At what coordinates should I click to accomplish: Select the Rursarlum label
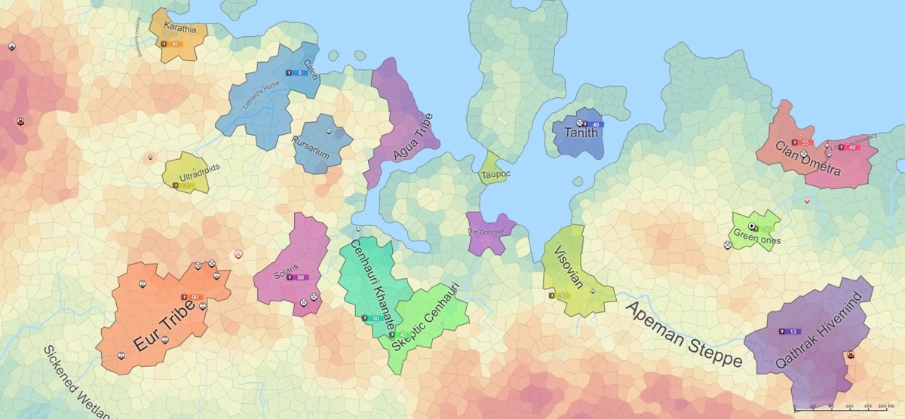(311, 148)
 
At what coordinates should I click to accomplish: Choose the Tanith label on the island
(580, 133)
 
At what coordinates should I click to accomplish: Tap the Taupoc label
(495, 175)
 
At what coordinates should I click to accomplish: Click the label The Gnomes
(485, 232)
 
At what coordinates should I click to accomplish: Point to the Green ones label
(756, 240)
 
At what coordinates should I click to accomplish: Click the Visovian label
(569, 268)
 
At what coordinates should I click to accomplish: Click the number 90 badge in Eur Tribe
(195, 298)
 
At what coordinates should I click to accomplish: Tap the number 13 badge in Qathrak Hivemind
(793, 332)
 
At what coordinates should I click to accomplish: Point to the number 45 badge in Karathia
(174, 44)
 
